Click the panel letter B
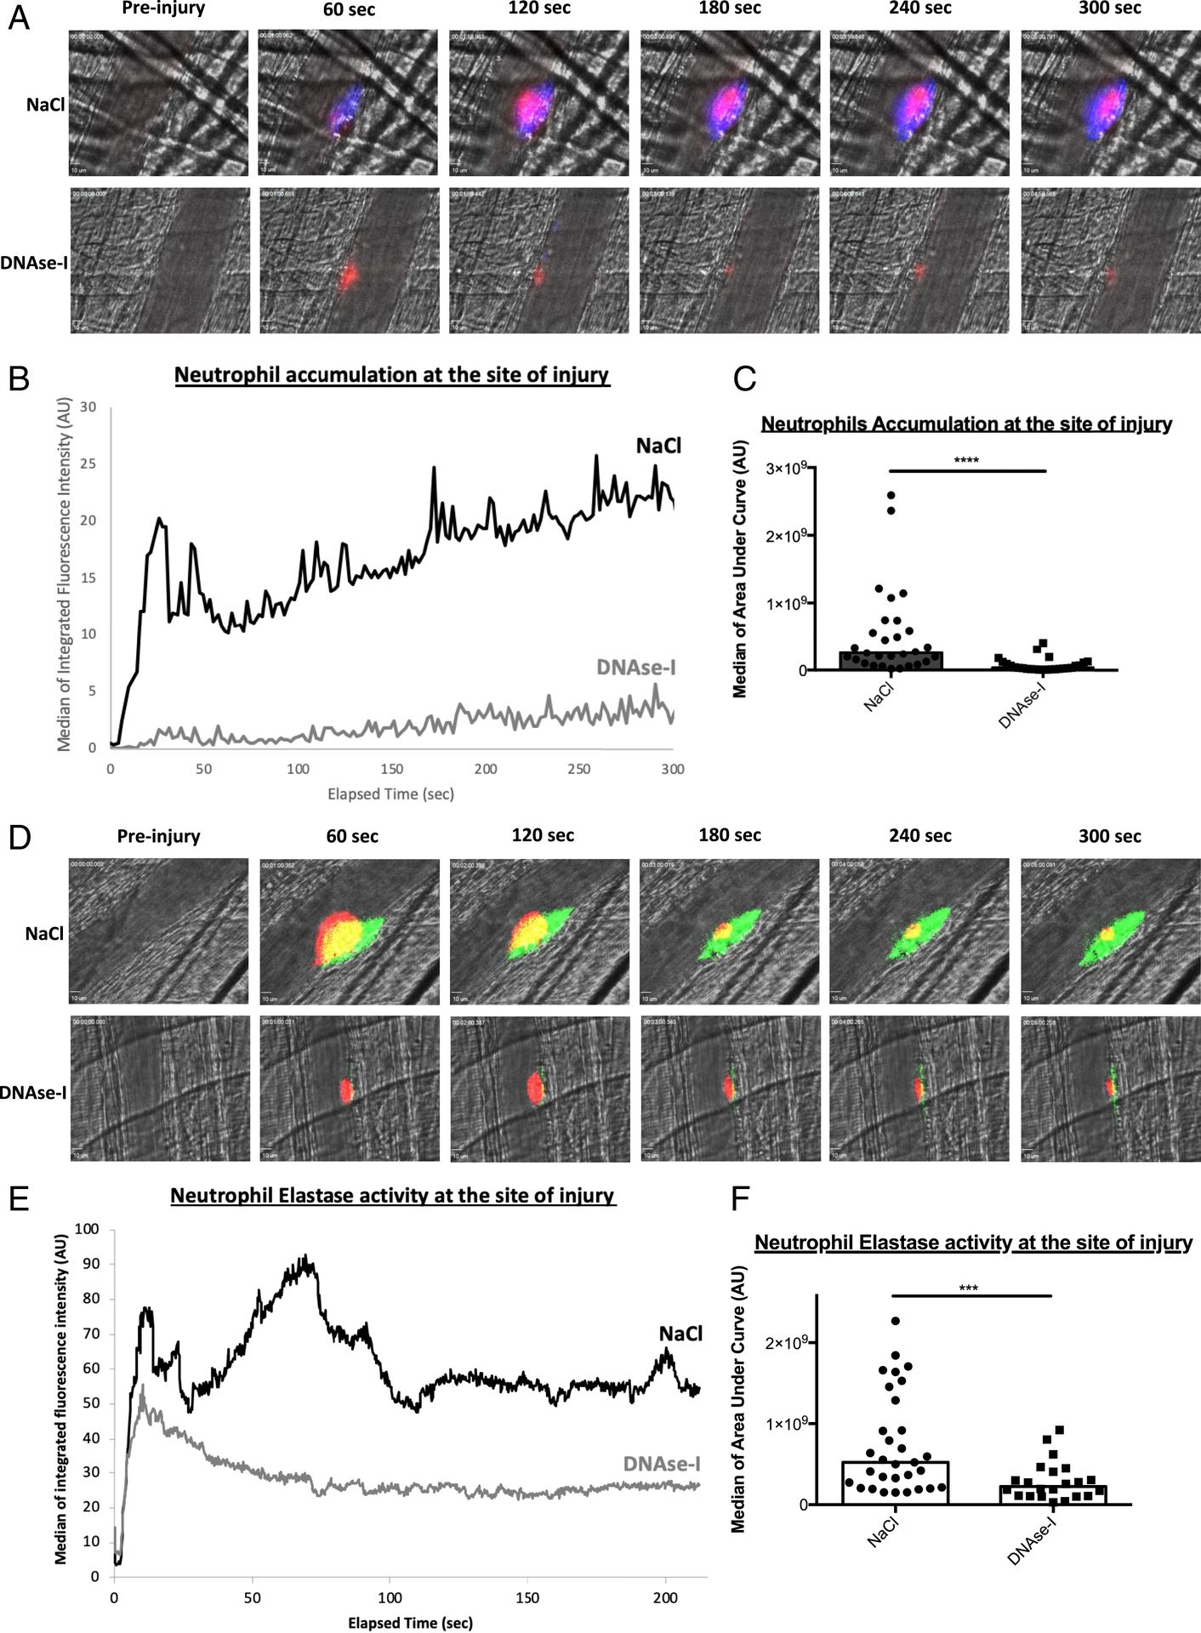[x=19, y=378]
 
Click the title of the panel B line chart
[x=392, y=374]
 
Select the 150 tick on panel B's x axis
[x=391, y=769]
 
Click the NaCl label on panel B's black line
[x=659, y=446]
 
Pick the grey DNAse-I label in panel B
[x=636, y=668]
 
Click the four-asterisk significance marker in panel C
[x=966, y=461]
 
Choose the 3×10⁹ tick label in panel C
[x=787, y=469]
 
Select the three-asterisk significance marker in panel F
[x=968, y=1289]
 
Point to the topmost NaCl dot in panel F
[x=896, y=1321]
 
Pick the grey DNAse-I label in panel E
[x=662, y=1464]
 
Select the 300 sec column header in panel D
[x=1110, y=837]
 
